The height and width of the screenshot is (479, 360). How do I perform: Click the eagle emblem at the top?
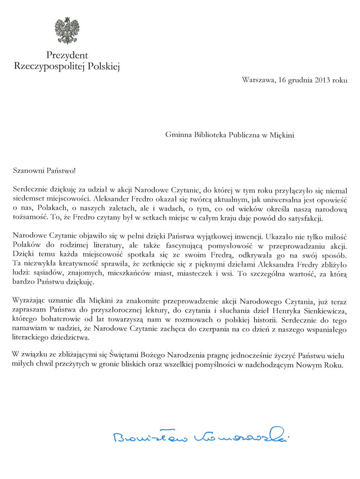pos(67,31)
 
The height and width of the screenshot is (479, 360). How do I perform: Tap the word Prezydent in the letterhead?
pos(67,56)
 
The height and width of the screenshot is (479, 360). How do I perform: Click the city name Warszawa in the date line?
pos(257,81)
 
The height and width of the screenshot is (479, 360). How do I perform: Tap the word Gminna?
pos(177,134)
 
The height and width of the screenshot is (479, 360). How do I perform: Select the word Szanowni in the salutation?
pos(28,171)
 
